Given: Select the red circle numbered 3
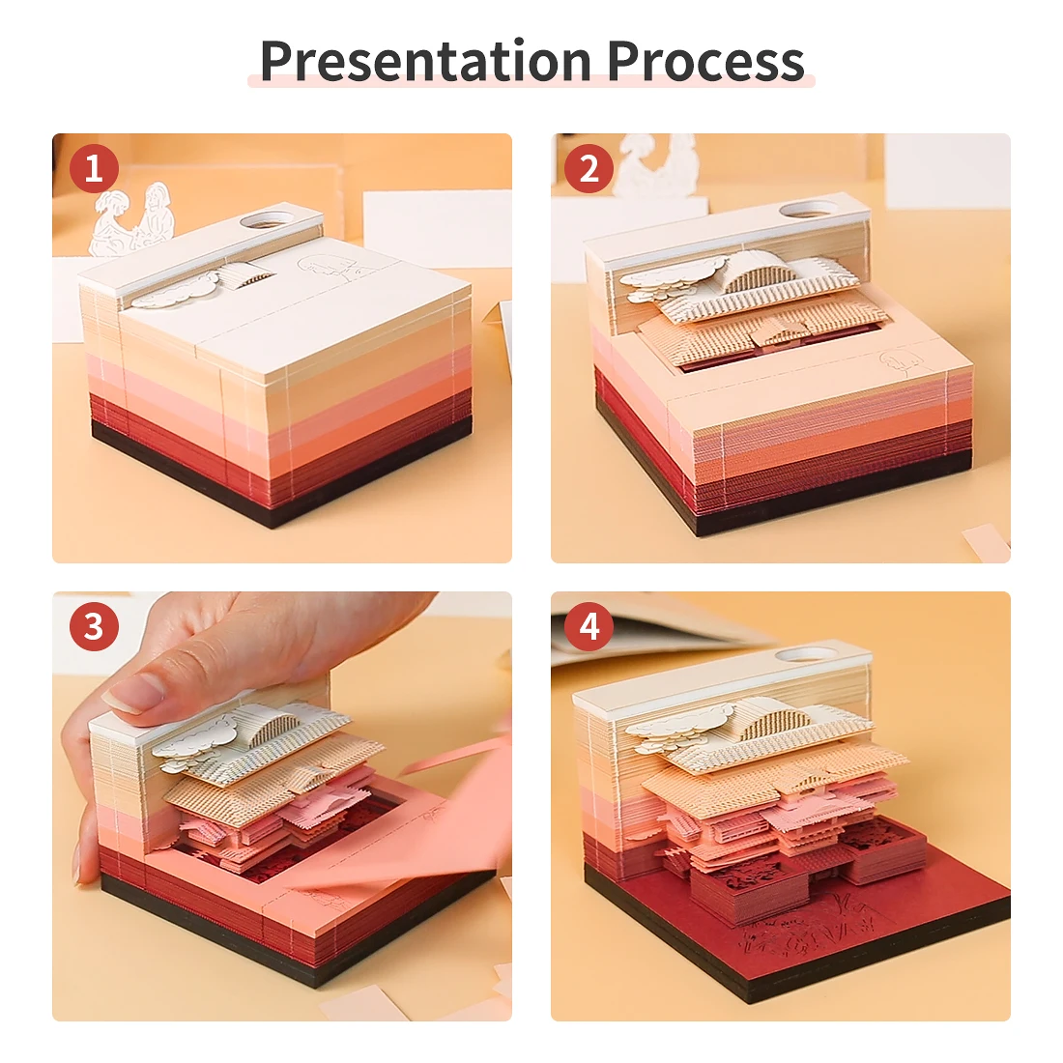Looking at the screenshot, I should click(x=94, y=627).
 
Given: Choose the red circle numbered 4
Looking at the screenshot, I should click(x=589, y=627).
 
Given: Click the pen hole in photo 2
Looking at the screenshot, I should click(x=810, y=208).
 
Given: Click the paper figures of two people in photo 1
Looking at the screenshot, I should click(x=131, y=219).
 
